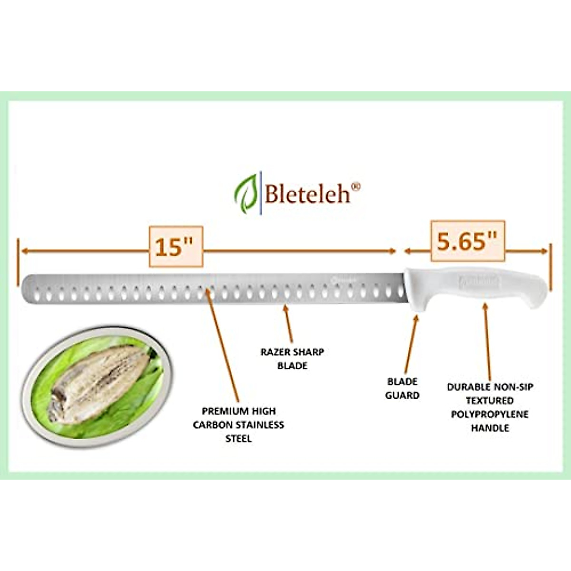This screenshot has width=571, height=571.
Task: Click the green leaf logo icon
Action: [247, 194]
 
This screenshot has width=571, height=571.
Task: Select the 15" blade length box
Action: [176, 246]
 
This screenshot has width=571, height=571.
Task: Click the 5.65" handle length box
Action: [468, 241]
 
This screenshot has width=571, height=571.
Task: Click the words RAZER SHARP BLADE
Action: [292, 359]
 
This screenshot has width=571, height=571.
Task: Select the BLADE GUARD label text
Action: [403, 388]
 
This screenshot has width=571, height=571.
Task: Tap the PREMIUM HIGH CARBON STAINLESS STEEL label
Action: [238, 424]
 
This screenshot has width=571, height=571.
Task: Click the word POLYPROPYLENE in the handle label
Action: [490, 414]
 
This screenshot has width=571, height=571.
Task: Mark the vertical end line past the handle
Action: [551, 266]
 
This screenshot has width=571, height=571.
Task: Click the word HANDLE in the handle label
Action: [490, 428]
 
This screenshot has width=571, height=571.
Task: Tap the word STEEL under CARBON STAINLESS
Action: [238, 438]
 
